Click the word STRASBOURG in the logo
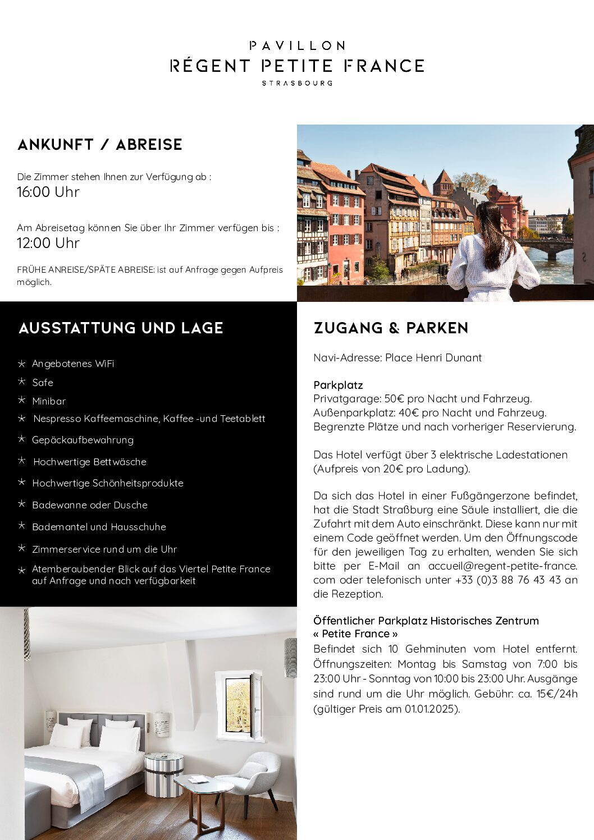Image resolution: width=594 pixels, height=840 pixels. [297, 83]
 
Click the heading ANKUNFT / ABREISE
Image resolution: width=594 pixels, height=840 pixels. [100, 145]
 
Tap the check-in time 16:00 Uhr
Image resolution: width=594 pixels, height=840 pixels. [48, 192]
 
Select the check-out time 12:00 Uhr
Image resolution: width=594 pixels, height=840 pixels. [48, 243]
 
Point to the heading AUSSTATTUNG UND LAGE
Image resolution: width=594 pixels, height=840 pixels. [121, 328]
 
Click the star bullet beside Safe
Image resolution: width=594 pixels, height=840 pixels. [22, 382]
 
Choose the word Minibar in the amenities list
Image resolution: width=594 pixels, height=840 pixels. [49, 401]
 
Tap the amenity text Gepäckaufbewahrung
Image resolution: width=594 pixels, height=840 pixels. [83, 440]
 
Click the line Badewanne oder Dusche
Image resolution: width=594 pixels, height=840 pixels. [90, 505]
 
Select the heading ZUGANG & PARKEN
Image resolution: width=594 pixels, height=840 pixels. [391, 328]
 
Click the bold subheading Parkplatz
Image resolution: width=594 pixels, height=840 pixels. [338, 385]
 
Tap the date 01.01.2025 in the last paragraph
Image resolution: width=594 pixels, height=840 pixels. [430, 709]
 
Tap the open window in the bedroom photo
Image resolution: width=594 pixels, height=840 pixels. [239, 706]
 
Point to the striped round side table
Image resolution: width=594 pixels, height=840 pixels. [163, 773]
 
